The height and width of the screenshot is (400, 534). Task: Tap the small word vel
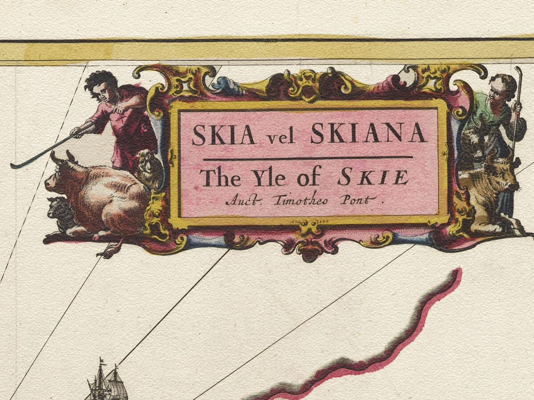click(x=281, y=137)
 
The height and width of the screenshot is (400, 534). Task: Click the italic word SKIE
click(x=373, y=178)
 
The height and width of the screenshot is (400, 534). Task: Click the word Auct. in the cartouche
click(x=243, y=200)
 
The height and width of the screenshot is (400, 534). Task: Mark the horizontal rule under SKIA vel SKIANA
click(x=307, y=157)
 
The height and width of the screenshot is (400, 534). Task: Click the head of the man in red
click(x=102, y=87)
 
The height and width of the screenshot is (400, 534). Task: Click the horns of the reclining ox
click(x=62, y=156)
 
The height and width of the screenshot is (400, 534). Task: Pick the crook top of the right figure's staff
click(x=518, y=71)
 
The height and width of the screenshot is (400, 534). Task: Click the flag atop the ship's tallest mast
click(x=101, y=360)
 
